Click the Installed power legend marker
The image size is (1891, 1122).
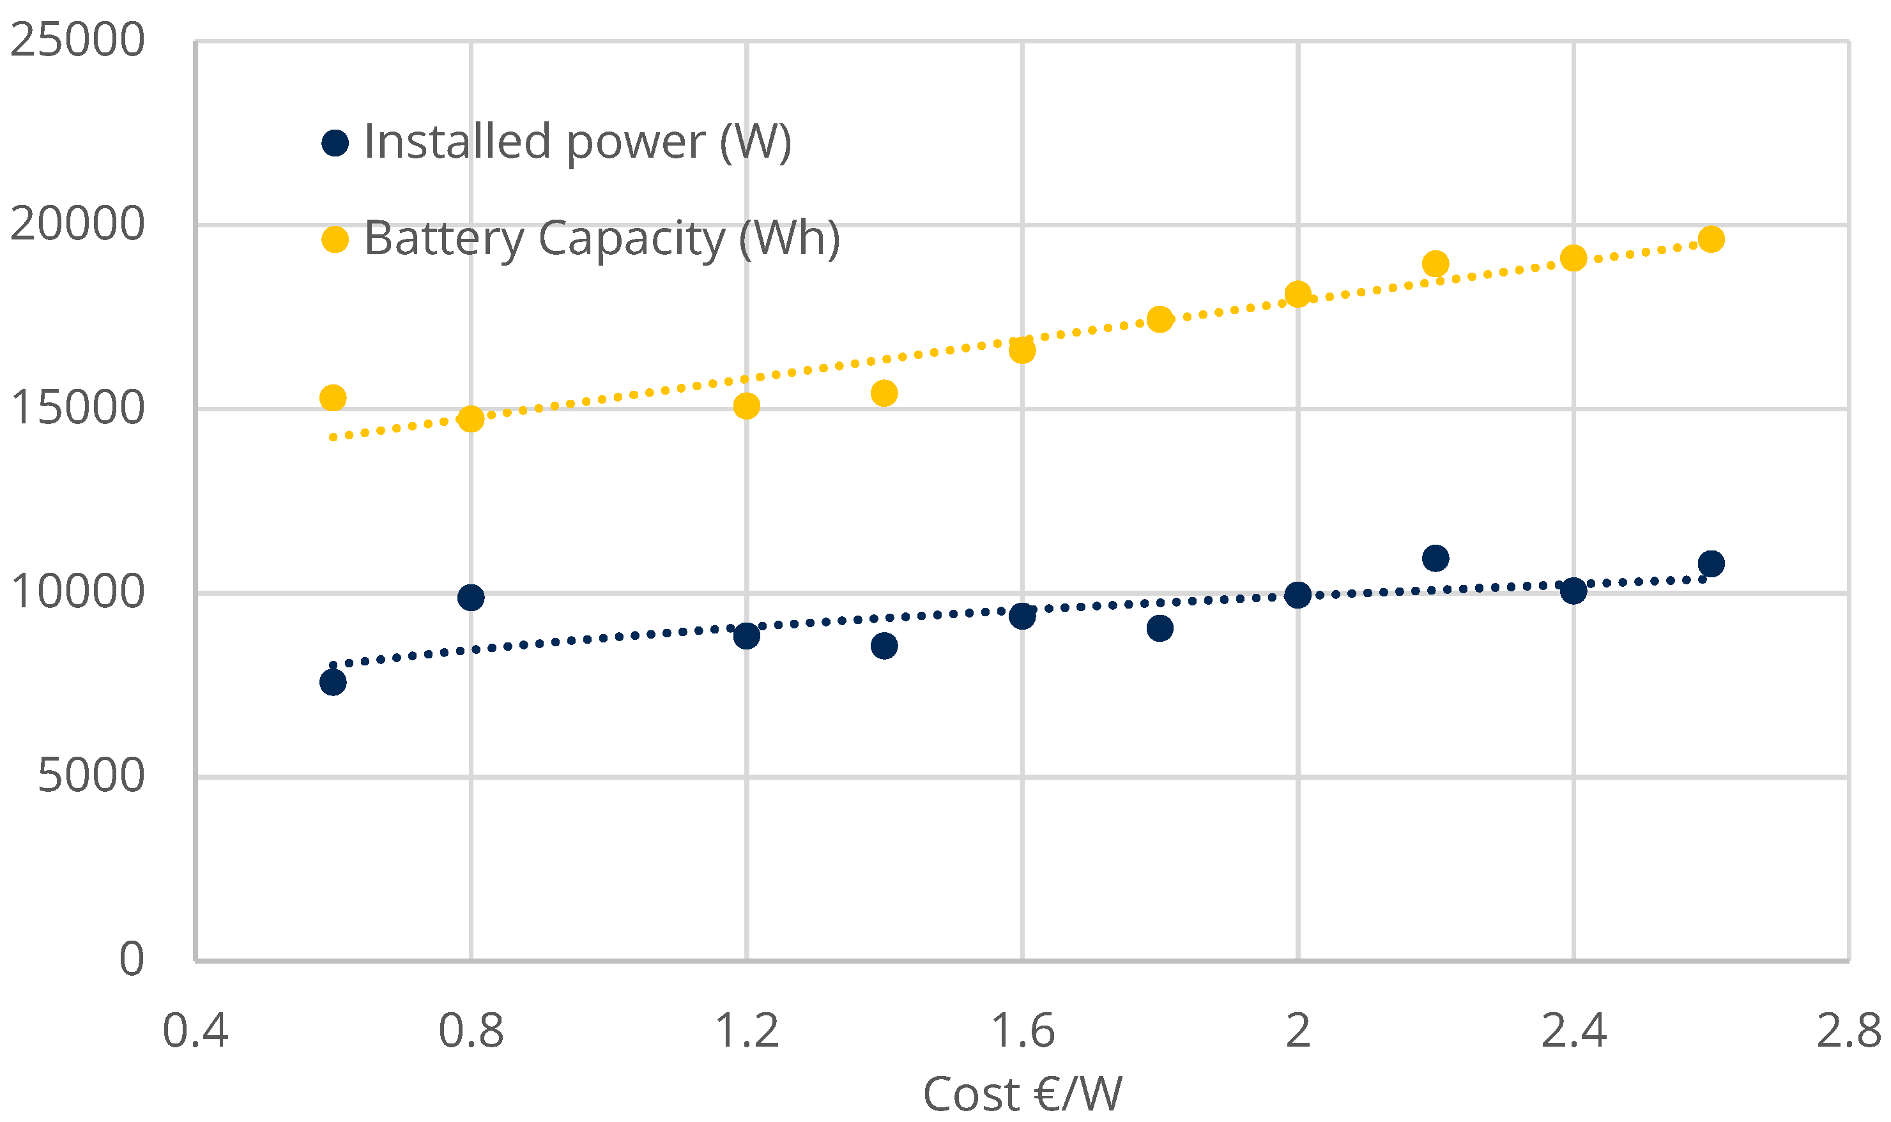pyautogui.click(x=335, y=143)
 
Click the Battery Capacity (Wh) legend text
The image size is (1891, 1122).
pyautogui.click(x=601, y=239)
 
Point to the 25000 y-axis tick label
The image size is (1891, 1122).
pyautogui.click(x=77, y=40)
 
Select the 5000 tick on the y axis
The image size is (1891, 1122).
pyautogui.click(x=91, y=776)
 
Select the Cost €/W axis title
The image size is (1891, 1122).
pyautogui.click(x=1022, y=1094)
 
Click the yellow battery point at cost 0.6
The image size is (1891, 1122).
pyautogui.click(x=333, y=398)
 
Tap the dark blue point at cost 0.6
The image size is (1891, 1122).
pyautogui.click(x=333, y=683)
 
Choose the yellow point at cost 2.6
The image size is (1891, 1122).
pyautogui.click(x=1711, y=239)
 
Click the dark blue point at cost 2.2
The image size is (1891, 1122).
pyautogui.click(x=1435, y=559)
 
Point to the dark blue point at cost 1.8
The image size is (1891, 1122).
pyautogui.click(x=1160, y=628)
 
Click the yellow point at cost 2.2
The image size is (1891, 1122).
pyautogui.click(x=1435, y=264)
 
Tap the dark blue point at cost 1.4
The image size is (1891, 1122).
pyautogui.click(x=884, y=646)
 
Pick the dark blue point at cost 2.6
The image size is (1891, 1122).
pyautogui.click(x=1711, y=563)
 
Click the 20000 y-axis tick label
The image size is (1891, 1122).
pyautogui.click(x=77, y=225)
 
